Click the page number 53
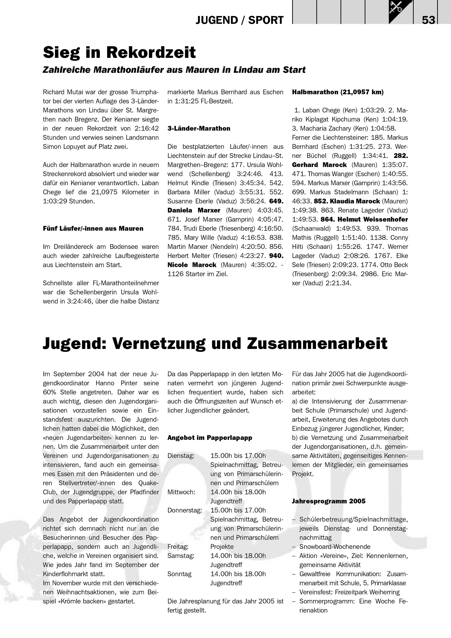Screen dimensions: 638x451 [x=428, y=20]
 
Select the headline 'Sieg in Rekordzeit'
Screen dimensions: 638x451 [x=119, y=52]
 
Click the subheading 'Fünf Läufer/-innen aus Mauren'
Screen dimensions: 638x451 [x=93, y=228]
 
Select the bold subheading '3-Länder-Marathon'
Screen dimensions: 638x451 [x=199, y=128]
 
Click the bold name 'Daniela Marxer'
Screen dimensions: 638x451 [x=194, y=210]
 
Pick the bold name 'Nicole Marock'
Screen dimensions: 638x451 [x=192, y=265]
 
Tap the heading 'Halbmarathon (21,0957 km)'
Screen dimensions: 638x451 [x=338, y=92]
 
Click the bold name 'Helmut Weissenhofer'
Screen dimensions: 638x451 [x=373, y=219]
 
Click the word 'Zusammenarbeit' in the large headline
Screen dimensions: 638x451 [x=317, y=344]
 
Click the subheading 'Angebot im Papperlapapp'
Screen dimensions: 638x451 [x=210, y=438]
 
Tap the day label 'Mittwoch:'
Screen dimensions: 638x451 [x=181, y=492]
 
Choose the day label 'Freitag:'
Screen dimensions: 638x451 [x=178, y=547]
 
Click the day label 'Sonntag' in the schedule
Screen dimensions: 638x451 [x=179, y=574]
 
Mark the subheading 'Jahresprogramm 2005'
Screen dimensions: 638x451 [x=329, y=501]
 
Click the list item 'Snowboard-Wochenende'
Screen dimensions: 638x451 [x=335, y=547]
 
